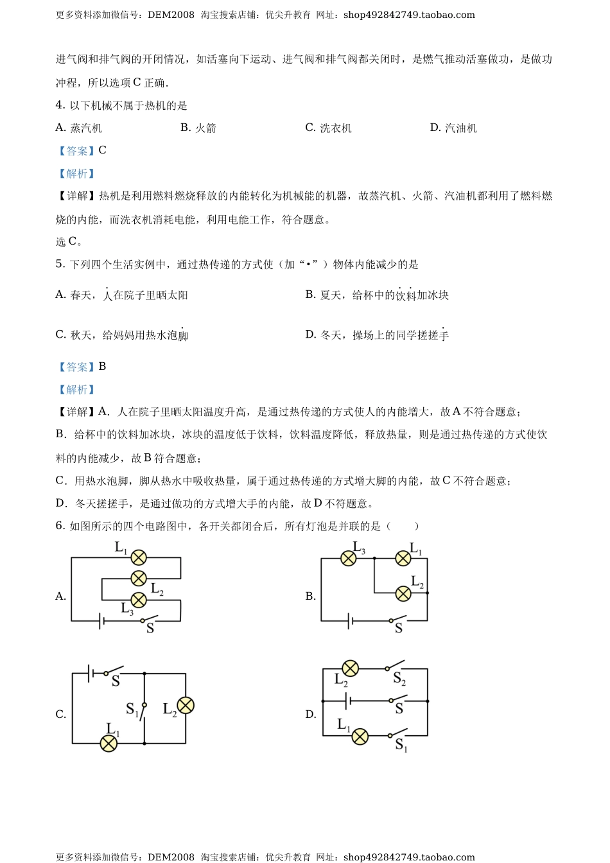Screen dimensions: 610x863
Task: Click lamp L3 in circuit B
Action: click(x=348, y=558)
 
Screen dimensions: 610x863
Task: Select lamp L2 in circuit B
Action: click(x=403, y=593)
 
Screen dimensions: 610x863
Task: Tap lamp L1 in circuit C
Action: click(x=109, y=744)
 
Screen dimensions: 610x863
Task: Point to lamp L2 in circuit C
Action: click(x=186, y=705)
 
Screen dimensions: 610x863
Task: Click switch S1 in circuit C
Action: click(x=143, y=709)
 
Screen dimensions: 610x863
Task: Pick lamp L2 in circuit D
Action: click(x=351, y=668)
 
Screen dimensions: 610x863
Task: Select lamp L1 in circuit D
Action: click(x=360, y=737)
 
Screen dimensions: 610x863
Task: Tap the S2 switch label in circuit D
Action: click(x=399, y=679)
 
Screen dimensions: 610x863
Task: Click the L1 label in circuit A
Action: click(x=121, y=548)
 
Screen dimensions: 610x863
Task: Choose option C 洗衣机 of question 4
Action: click(x=329, y=128)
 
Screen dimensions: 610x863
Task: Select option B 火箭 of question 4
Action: click(x=198, y=128)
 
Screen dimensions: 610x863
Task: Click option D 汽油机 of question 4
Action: click(x=453, y=128)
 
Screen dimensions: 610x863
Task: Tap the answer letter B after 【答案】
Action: click(x=103, y=366)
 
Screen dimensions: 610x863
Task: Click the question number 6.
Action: click(x=60, y=526)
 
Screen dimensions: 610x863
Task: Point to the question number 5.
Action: click(x=60, y=264)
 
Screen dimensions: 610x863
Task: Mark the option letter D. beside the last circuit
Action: click(x=311, y=714)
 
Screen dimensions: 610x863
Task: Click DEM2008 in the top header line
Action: click(x=171, y=15)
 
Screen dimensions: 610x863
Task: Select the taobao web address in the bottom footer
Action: click(x=409, y=857)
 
